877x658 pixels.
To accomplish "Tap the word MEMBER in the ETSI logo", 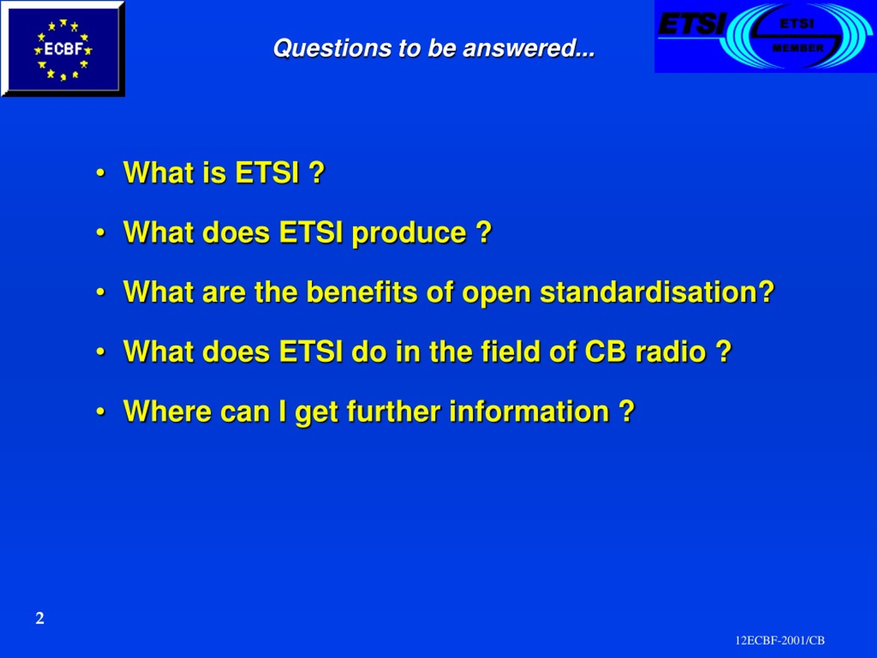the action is point(798,48).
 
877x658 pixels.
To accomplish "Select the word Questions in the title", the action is point(333,48).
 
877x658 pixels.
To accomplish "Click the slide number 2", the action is point(40,618).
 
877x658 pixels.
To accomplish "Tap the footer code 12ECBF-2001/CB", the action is point(780,641).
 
